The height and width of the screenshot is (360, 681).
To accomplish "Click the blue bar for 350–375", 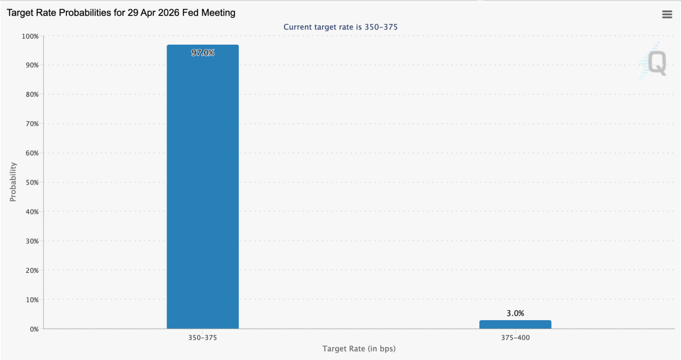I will (x=203, y=186).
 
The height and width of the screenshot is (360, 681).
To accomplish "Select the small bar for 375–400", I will (x=515, y=324).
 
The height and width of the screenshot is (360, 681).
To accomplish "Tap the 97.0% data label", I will (x=203, y=53).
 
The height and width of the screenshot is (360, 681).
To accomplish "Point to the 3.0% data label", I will (x=515, y=313).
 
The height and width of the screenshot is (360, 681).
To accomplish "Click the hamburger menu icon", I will (x=667, y=14).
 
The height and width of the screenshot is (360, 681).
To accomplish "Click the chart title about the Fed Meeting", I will (x=121, y=13).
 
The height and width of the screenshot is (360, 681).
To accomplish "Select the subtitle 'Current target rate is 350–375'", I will (x=340, y=27).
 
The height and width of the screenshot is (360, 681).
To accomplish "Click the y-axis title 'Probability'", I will (x=13, y=182).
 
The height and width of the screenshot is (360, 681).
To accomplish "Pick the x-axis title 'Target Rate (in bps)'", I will (x=359, y=349).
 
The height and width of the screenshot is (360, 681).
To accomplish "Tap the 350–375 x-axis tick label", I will (x=203, y=338).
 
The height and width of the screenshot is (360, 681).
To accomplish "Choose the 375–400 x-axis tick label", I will (x=515, y=338).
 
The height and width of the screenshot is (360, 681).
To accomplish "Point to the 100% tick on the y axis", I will (x=30, y=36).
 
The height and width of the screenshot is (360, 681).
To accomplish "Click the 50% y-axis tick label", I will (x=31, y=182).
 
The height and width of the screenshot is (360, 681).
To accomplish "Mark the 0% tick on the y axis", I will (x=34, y=329).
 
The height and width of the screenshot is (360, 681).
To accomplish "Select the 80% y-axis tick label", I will (x=31, y=95).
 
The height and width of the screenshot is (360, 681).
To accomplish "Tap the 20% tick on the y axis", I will (x=31, y=270).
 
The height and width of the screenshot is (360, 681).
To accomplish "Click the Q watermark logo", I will (x=653, y=63).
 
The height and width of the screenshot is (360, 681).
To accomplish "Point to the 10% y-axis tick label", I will (x=31, y=300).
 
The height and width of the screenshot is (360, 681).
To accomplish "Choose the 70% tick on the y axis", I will (x=31, y=124).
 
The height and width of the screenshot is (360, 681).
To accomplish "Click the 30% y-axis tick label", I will (x=31, y=241).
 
